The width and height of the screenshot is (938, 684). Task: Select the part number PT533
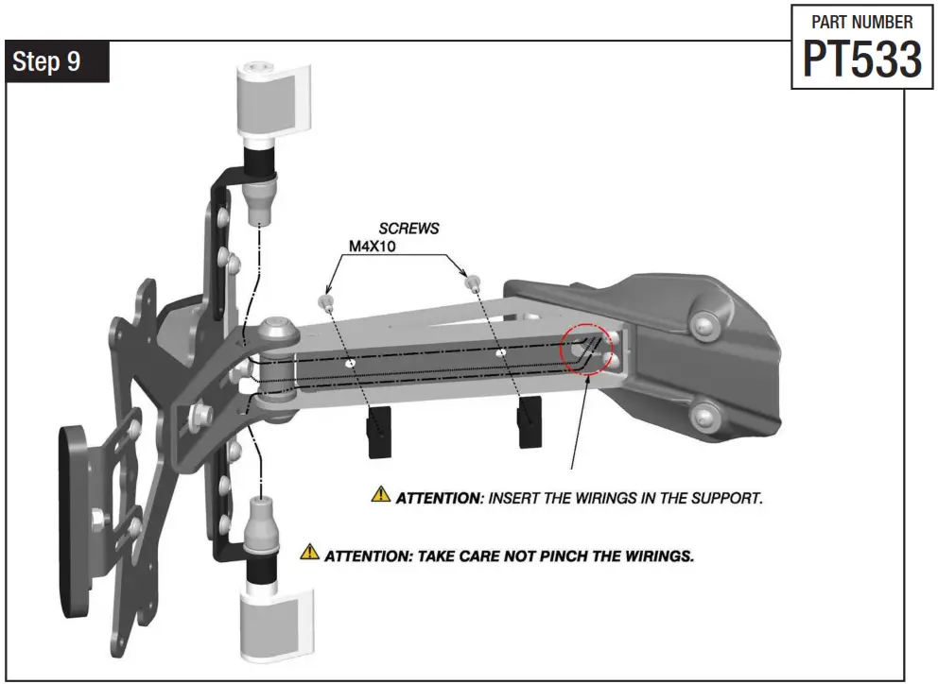pos(861,60)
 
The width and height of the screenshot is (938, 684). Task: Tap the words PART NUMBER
pos(862,22)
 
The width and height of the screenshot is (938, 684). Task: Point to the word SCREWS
pos(408,229)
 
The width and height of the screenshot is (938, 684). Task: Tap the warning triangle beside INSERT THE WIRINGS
pos(380,494)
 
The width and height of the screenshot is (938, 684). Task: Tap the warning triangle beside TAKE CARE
pos(309,553)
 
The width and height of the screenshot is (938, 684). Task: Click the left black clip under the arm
pos(380,431)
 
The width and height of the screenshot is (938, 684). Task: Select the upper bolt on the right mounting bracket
pos(702,325)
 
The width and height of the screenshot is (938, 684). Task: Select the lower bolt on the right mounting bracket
pos(703,414)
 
